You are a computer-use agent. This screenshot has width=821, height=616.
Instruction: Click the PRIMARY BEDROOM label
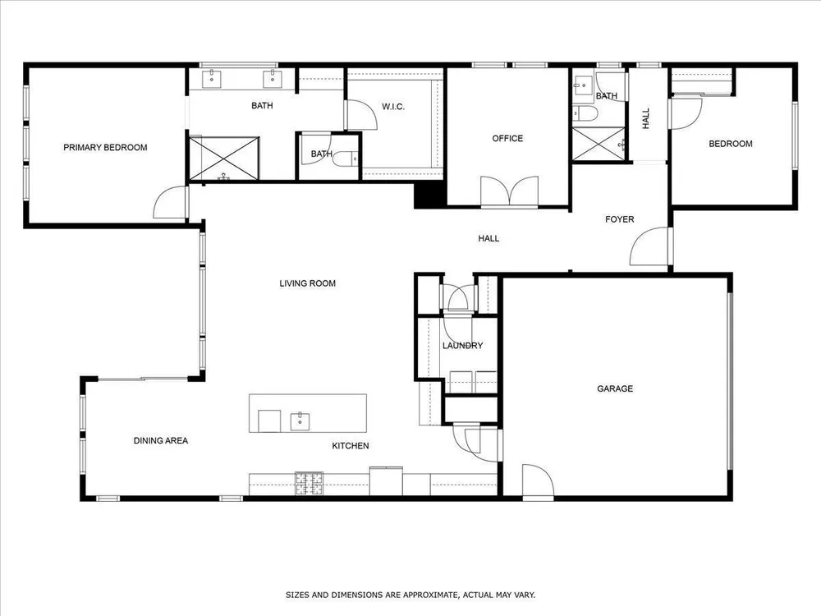pyautogui.click(x=105, y=148)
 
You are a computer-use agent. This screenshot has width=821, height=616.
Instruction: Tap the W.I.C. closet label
pyautogui.click(x=393, y=107)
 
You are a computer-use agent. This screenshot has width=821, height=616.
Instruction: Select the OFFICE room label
pyautogui.click(x=507, y=138)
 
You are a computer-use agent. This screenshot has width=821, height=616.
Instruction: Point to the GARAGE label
pyautogui.click(x=615, y=388)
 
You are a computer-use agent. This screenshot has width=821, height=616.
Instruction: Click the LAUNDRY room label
pyautogui.click(x=462, y=346)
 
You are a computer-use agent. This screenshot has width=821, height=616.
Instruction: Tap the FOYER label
pyautogui.click(x=619, y=219)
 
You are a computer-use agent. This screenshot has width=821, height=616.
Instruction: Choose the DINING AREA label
pyautogui.click(x=161, y=441)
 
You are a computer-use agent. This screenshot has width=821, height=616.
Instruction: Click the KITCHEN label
pyautogui.click(x=351, y=446)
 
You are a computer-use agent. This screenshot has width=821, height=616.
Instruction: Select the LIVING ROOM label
pyautogui.click(x=307, y=283)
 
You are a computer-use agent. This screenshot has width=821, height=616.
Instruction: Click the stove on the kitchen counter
pyautogui.click(x=310, y=484)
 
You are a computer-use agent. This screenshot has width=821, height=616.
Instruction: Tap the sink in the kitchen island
pyautogui.click(x=300, y=421)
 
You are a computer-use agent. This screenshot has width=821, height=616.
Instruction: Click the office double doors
pyautogui.click(x=510, y=191)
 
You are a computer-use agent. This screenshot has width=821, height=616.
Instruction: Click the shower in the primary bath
pyautogui.click(x=223, y=159)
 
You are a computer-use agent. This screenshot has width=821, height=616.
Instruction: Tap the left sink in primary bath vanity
pyautogui.click(x=212, y=79)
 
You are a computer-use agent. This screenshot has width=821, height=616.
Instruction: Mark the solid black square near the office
pyautogui.click(x=429, y=195)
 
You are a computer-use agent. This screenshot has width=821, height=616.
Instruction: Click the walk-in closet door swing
pyautogui.click(x=361, y=114)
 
